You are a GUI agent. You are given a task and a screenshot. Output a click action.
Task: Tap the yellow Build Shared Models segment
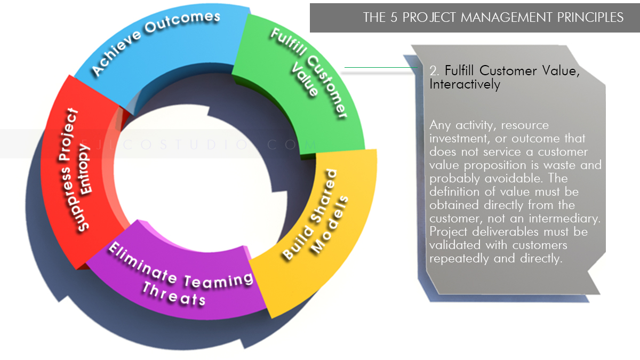point(315,224)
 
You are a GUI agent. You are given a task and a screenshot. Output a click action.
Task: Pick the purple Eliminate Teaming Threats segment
point(176,277)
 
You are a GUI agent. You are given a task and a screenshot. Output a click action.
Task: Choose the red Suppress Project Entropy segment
point(80,171)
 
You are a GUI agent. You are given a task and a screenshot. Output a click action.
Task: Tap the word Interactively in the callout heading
point(465,85)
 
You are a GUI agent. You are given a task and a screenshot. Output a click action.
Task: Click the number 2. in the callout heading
point(435,71)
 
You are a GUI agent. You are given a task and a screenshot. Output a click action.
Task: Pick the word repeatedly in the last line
point(457,259)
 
